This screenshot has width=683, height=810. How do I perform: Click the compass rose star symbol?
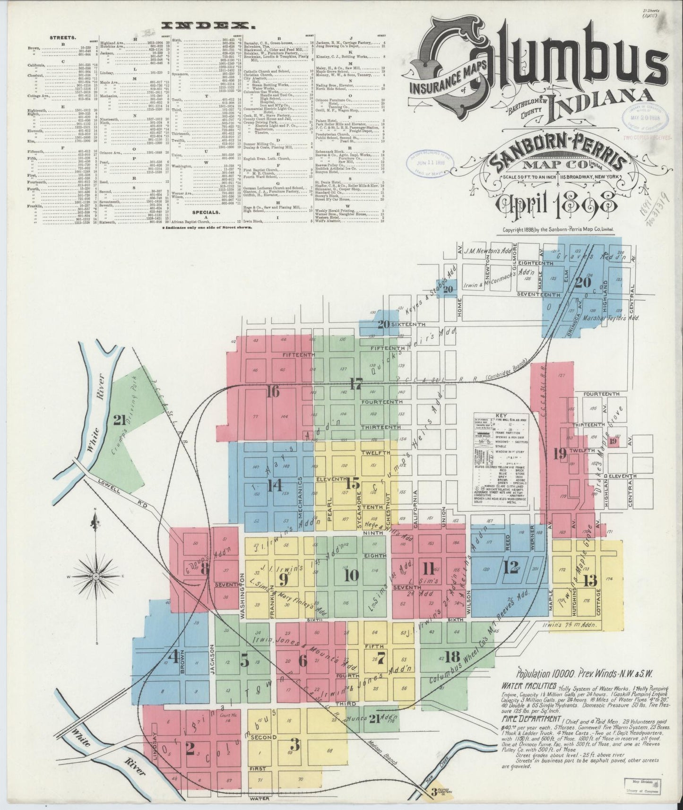coord(96,576)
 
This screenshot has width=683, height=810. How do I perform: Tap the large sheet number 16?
coord(272,391)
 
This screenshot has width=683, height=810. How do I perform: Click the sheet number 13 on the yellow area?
coord(590,581)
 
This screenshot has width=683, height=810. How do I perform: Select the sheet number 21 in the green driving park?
coord(118,419)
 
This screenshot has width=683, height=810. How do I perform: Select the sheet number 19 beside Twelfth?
coord(560,454)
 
